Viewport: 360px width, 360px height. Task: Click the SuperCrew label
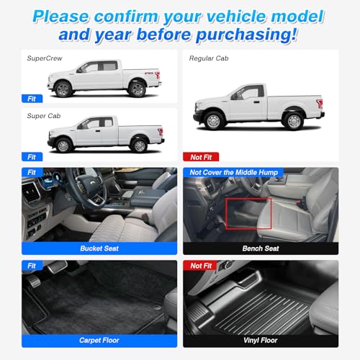[45, 58]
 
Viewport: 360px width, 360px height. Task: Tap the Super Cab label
[44, 116]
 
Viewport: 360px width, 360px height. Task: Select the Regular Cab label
[209, 58]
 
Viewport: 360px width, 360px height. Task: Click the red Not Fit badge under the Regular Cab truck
[201, 157]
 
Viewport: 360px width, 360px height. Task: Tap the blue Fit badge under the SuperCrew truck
[32, 99]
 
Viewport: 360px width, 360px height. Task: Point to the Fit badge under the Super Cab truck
[32, 157]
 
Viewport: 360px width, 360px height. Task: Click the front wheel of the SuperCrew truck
[63, 89]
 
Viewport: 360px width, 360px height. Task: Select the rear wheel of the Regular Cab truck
[294, 121]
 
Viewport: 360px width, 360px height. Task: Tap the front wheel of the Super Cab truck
[63, 145]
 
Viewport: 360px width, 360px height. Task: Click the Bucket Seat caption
[99, 248]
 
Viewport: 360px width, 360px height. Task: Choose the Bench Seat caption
[261, 248]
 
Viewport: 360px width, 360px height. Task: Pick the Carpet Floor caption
[99, 341]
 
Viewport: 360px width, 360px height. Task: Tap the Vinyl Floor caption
[261, 341]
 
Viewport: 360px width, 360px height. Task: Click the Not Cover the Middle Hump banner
[233, 172]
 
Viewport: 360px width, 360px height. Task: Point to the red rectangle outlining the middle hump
[226, 214]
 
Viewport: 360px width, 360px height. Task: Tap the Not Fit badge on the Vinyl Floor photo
[201, 266]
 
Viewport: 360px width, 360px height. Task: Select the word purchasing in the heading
[247, 35]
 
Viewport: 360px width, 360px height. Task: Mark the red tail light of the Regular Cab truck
[320, 103]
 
